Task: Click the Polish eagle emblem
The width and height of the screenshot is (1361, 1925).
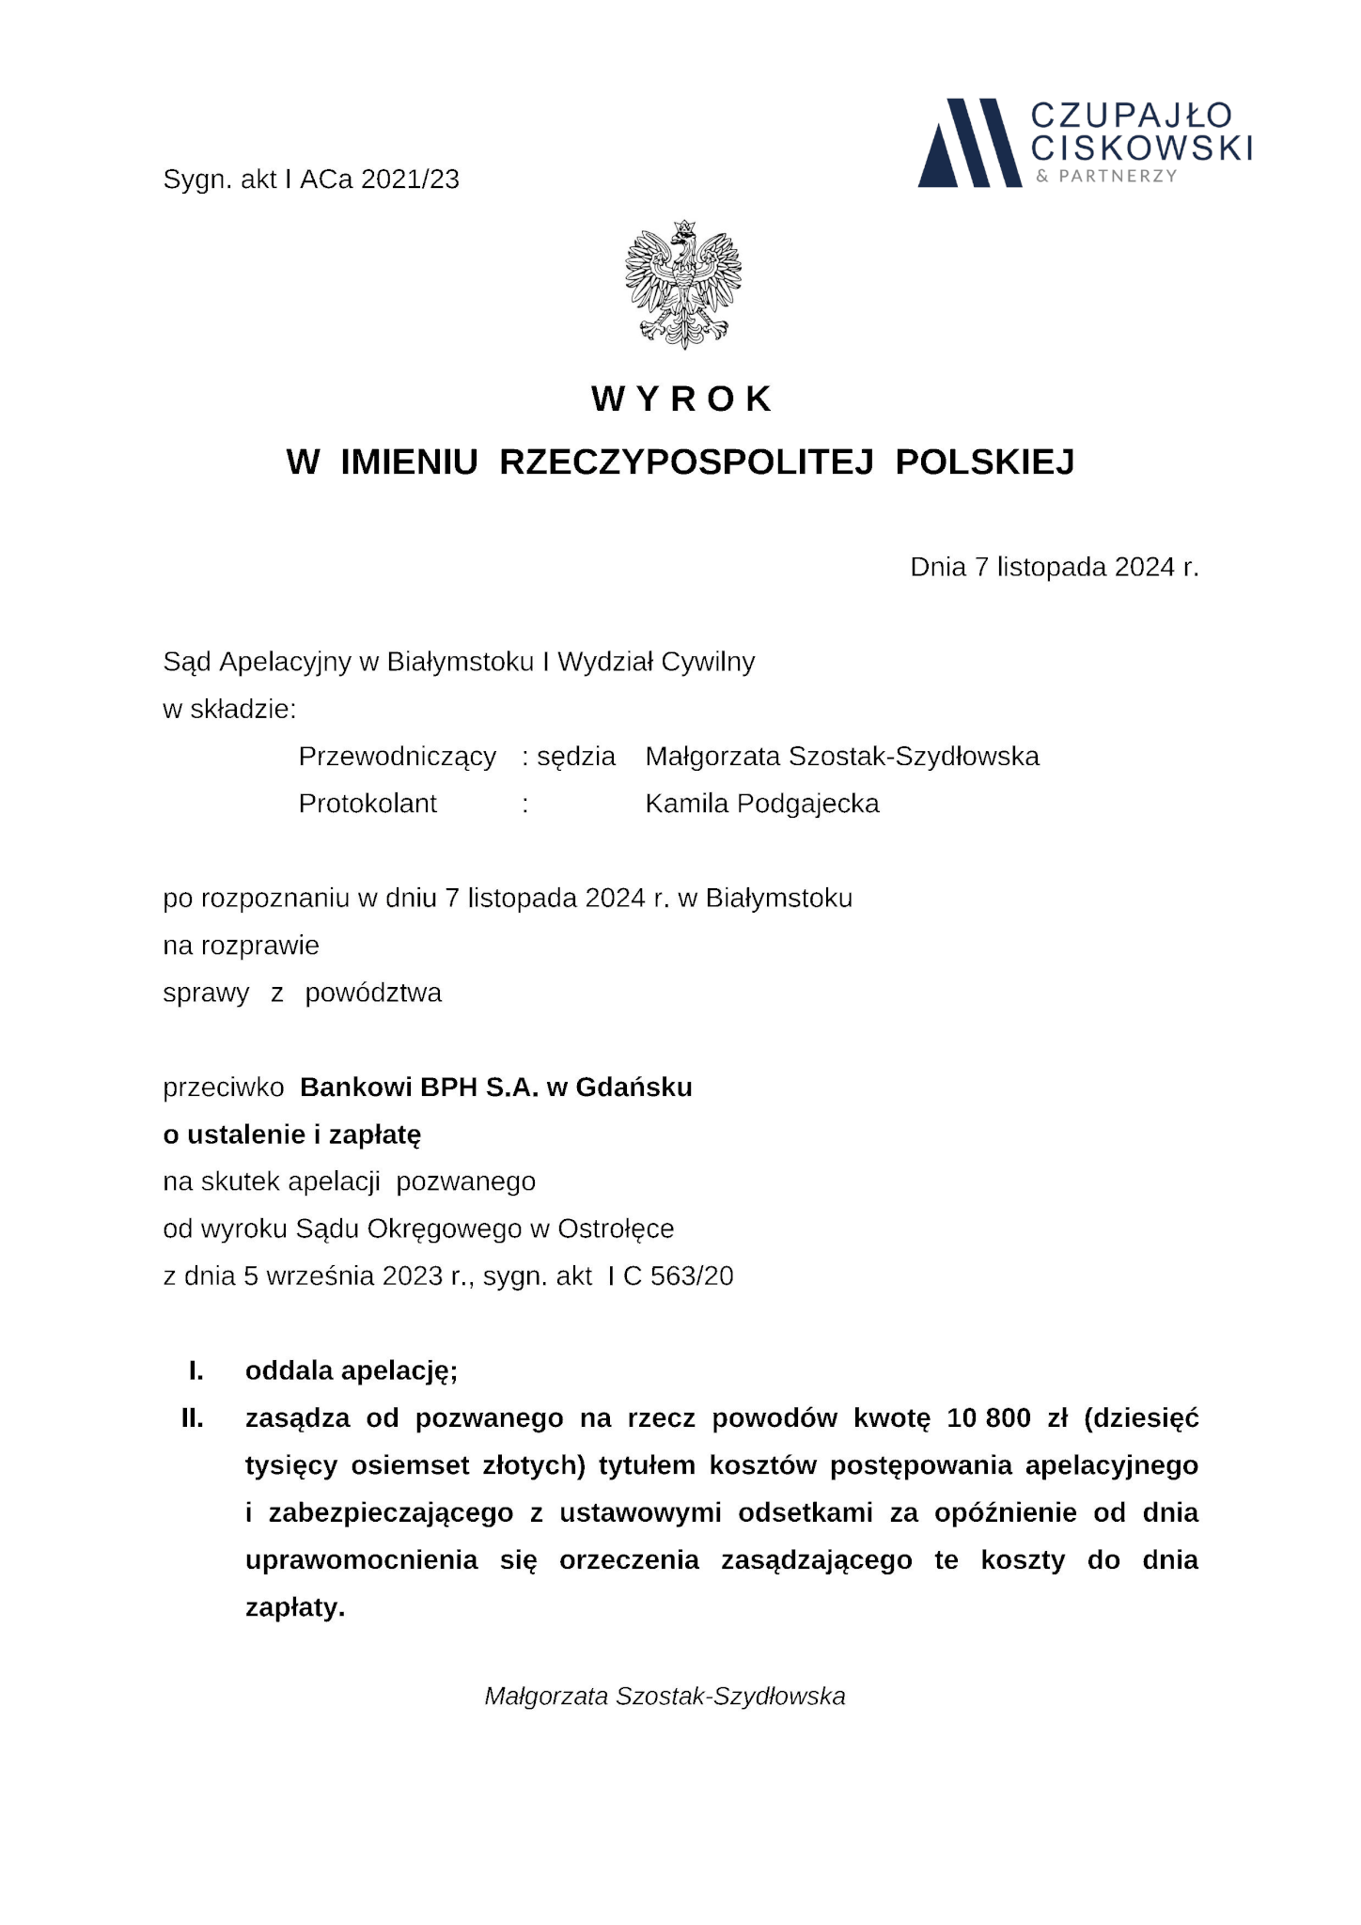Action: coord(682,284)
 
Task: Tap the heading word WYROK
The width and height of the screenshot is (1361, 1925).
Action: coord(682,399)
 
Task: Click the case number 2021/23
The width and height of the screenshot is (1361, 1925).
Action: coord(410,180)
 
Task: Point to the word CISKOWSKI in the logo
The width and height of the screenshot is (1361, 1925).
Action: coord(1141,148)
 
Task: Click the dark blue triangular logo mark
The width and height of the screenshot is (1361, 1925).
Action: coord(968,143)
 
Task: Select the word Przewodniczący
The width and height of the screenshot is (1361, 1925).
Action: coord(397,757)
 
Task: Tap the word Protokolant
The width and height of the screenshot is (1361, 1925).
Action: coord(368,804)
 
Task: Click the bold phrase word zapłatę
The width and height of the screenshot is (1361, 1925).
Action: coord(380,1135)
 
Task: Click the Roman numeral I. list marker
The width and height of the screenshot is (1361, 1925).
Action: coord(196,1370)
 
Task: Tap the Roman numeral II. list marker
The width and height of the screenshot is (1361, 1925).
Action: coord(193,1417)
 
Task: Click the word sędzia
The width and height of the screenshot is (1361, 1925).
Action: coord(576,757)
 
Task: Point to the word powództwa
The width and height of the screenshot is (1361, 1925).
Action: coord(373,993)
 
